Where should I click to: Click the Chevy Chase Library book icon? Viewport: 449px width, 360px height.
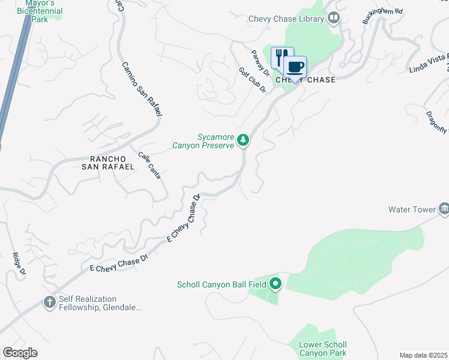[333, 19]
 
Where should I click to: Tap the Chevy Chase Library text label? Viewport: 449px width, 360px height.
[286, 19]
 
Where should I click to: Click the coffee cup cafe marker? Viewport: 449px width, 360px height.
[295, 67]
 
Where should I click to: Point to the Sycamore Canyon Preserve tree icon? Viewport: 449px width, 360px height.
[243, 140]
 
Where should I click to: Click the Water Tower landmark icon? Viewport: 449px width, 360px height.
[444, 209]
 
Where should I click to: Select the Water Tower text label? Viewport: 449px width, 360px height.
[411, 209]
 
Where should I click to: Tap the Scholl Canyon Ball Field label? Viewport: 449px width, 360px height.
[222, 284]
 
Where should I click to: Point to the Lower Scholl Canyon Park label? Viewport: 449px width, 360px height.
[323, 349]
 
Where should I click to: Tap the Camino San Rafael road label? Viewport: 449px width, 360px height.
[142, 89]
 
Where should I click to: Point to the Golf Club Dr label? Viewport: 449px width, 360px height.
[252, 80]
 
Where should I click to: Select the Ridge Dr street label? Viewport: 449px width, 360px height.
[19, 264]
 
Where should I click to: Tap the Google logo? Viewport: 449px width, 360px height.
[20, 353]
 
